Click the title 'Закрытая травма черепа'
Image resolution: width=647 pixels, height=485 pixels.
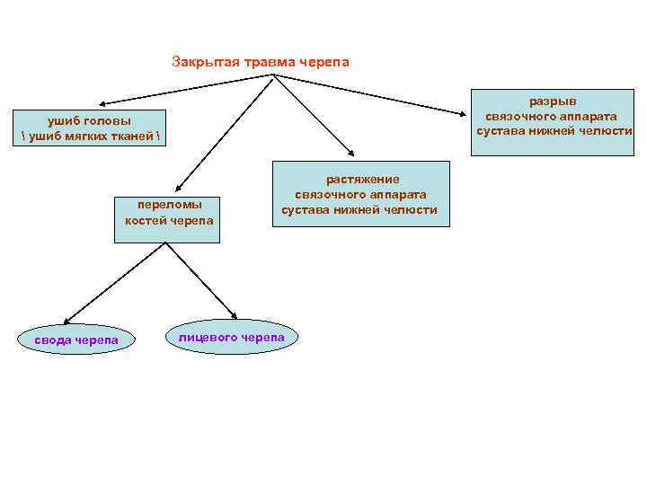point(261,62)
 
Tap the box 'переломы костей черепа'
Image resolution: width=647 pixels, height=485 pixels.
point(169,212)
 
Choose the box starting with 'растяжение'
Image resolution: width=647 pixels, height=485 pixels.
point(359,194)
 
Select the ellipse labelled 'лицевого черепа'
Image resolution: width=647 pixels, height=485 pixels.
point(232,337)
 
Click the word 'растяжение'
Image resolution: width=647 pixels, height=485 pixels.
point(359,179)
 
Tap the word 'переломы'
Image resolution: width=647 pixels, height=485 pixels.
point(170,204)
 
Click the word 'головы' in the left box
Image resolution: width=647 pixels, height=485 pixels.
point(108,120)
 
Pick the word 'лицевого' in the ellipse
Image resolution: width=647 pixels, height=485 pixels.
point(208,337)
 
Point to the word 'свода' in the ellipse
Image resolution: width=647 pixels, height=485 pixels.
point(52,339)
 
